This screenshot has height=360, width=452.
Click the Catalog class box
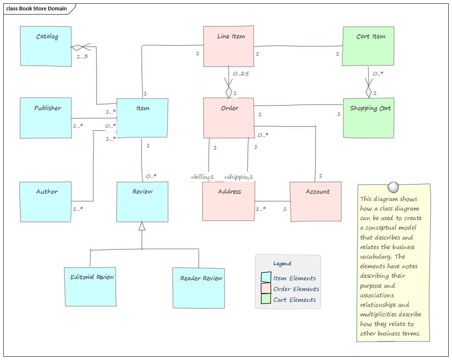[46, 46]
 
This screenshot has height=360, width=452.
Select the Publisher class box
[46, 118]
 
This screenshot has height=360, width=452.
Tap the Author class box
[45, 201]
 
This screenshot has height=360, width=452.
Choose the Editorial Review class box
[90, 287]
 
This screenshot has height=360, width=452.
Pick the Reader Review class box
[199, 288]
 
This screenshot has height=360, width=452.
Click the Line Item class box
[228, 46]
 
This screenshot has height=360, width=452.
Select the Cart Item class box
[368, 46]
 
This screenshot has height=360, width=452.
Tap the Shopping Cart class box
[368, 118]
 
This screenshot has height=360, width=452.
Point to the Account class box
[316, 201]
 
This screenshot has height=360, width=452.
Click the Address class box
[228, 201]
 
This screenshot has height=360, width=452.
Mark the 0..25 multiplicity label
[241, 74]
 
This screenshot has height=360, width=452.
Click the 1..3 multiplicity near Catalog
[82, 56]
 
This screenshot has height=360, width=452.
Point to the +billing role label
[201, 177]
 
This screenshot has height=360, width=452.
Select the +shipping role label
[237, 177]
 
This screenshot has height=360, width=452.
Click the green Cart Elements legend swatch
[266, 299]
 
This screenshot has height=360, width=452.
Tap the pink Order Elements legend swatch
[266, 289]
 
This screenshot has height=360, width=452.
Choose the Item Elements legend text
[295, 278]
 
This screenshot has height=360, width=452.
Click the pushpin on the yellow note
[392, 186]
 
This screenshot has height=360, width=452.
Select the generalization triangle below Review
[142, 226]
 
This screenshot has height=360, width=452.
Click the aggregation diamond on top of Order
[228, 92]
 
